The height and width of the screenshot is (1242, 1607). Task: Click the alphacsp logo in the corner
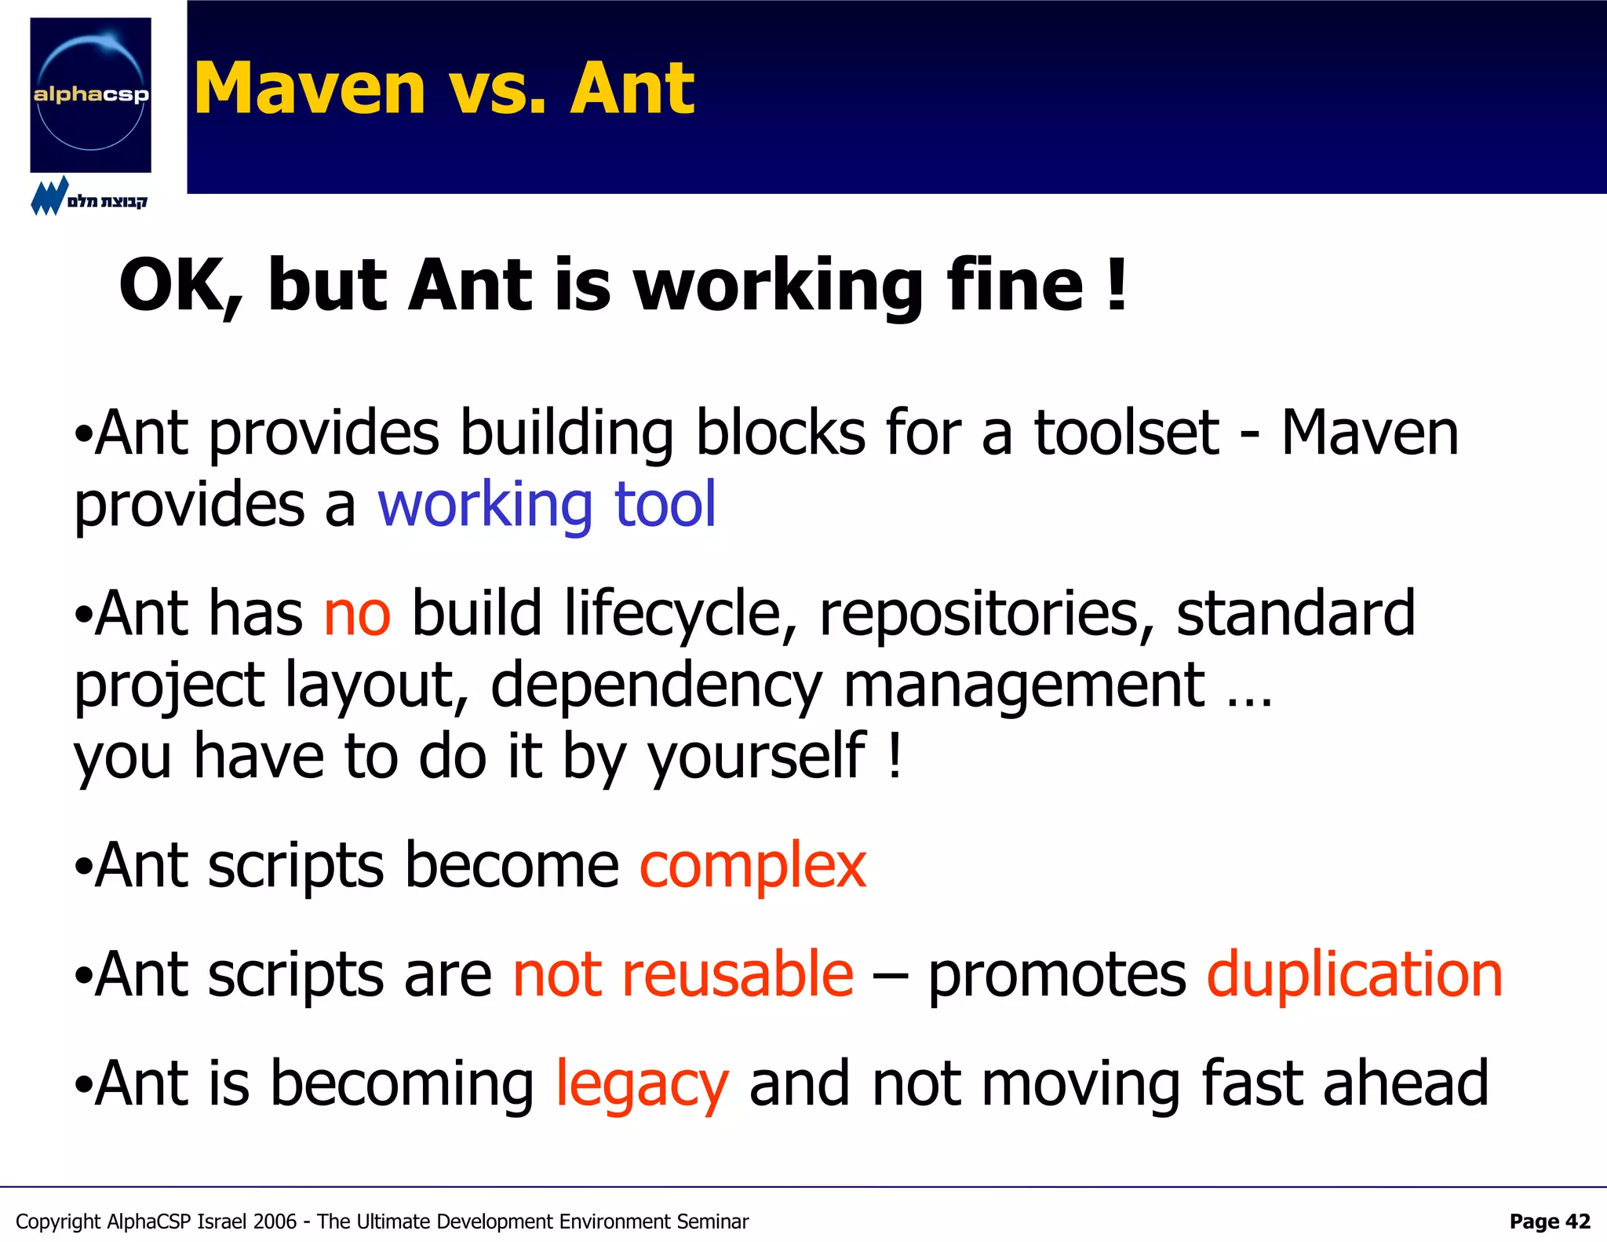tap(90, 94)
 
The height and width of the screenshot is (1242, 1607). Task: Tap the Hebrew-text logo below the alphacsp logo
tap(89, 197)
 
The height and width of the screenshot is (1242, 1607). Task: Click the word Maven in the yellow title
tap(309, 89)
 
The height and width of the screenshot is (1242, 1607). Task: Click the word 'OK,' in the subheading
tap(181, 286)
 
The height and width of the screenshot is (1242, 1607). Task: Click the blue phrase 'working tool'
tap(547, 504)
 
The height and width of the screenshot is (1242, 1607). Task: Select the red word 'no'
tap(357, 613)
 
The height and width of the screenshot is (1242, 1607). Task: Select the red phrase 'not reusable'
tap(683, 974)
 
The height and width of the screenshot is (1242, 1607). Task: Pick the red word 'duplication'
tap(1354, 974)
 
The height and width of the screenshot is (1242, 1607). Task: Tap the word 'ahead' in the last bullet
tap(1405, 1083)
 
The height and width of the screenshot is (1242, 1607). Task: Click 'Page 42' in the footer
tap(1549, 1222)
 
